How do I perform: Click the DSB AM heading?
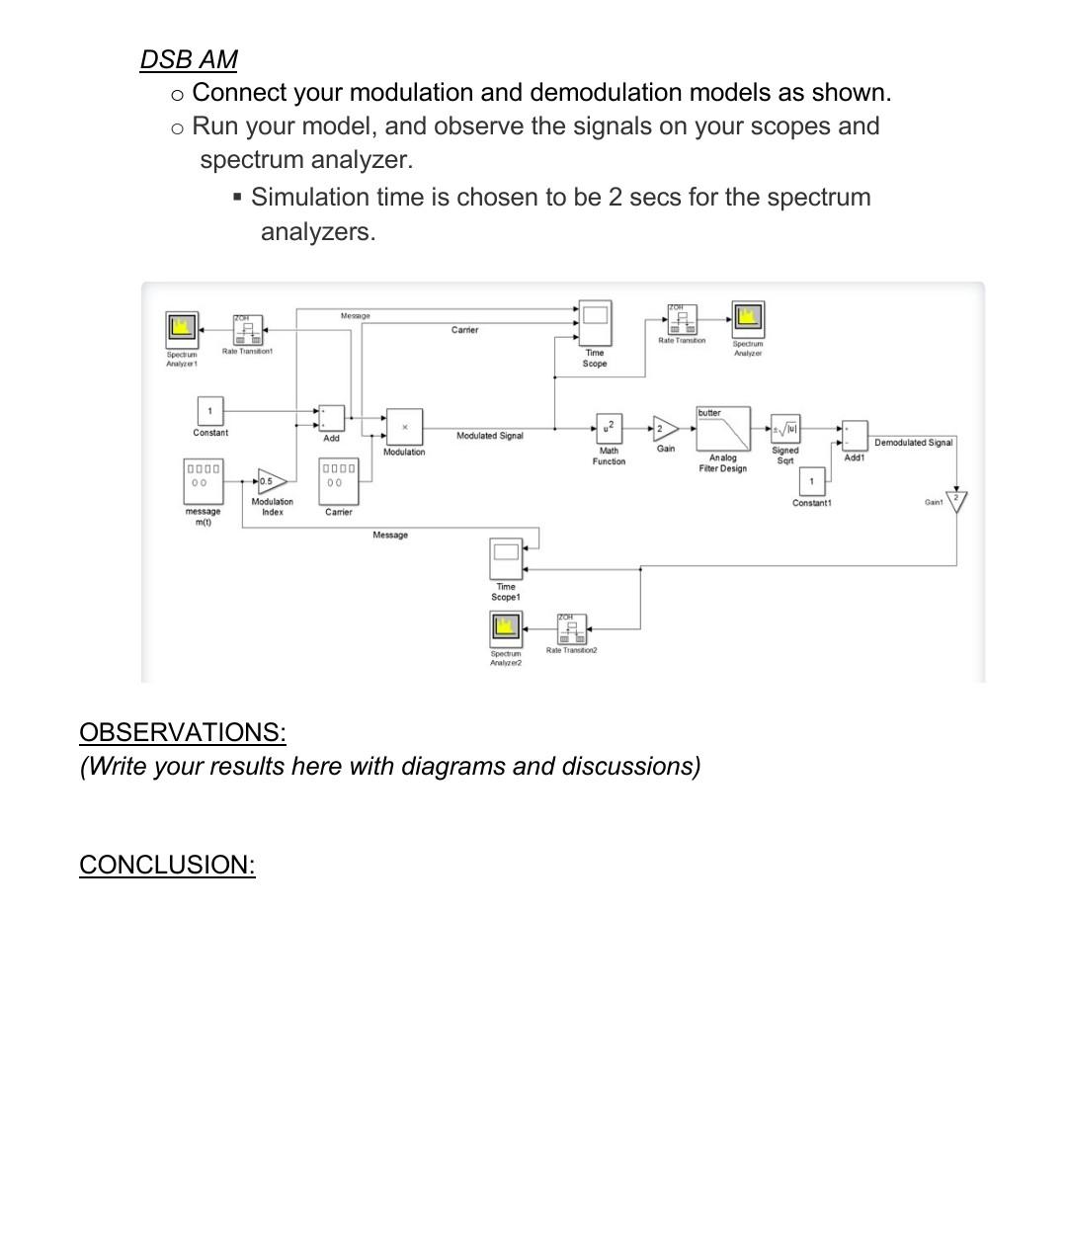(x=189, y=59)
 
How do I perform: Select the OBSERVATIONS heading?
(x=182, y=732)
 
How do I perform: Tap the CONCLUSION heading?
(x=167, y=865)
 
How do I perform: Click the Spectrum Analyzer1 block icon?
(x=182, y=328)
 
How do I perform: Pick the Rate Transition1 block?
(x=248, y=330)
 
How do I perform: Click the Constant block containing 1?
(x=209, y=410)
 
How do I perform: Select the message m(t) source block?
(x=203, y=481)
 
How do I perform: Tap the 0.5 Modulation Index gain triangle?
(x=271, y=481)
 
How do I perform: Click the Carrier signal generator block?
(x=338, y=481)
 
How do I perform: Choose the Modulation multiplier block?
(x=404, y=427)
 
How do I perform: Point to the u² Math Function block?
(x=609, y=428)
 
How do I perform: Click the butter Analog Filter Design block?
(x=723, y=429)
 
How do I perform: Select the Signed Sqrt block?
(x=785, y=429)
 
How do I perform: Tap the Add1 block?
(x=855, y=436)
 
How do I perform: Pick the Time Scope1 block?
(x=506, y=558)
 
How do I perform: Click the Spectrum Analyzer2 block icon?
(x=506, y=627)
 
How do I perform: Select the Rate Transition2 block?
(x=571, y=628)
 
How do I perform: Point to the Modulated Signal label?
(x=490, y=436)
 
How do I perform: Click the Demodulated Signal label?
(x=913, y=443)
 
